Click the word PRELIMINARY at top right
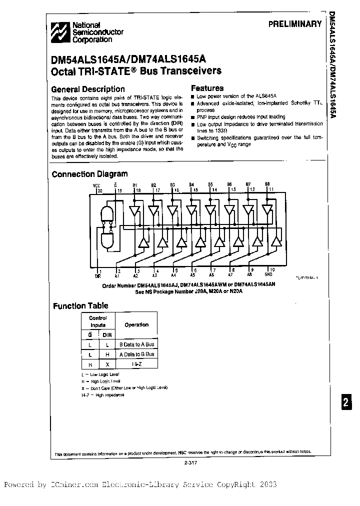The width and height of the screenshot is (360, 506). (295, 24)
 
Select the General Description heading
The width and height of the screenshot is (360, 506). (88, 89)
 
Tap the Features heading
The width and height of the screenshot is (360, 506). (207, 88)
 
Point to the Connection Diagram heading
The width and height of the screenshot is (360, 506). (89, 174)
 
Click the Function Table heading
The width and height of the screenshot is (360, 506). (80, 305)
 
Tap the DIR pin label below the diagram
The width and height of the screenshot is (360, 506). (97, 275)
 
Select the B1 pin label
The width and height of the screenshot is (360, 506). (134, 185)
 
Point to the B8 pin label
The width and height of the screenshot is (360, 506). (267, 184)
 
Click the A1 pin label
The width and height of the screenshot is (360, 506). (116, 275)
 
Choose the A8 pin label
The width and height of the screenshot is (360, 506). (249, 275)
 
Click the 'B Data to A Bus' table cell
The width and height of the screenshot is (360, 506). (136, 344)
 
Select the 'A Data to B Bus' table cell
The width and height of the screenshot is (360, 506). (136, 354)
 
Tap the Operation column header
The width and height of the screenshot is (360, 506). (136, 324)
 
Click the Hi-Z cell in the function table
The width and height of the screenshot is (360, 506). (136, 364)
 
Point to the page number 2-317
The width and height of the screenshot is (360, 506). (192, 462)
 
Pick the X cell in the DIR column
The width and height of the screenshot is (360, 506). (107, 364)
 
